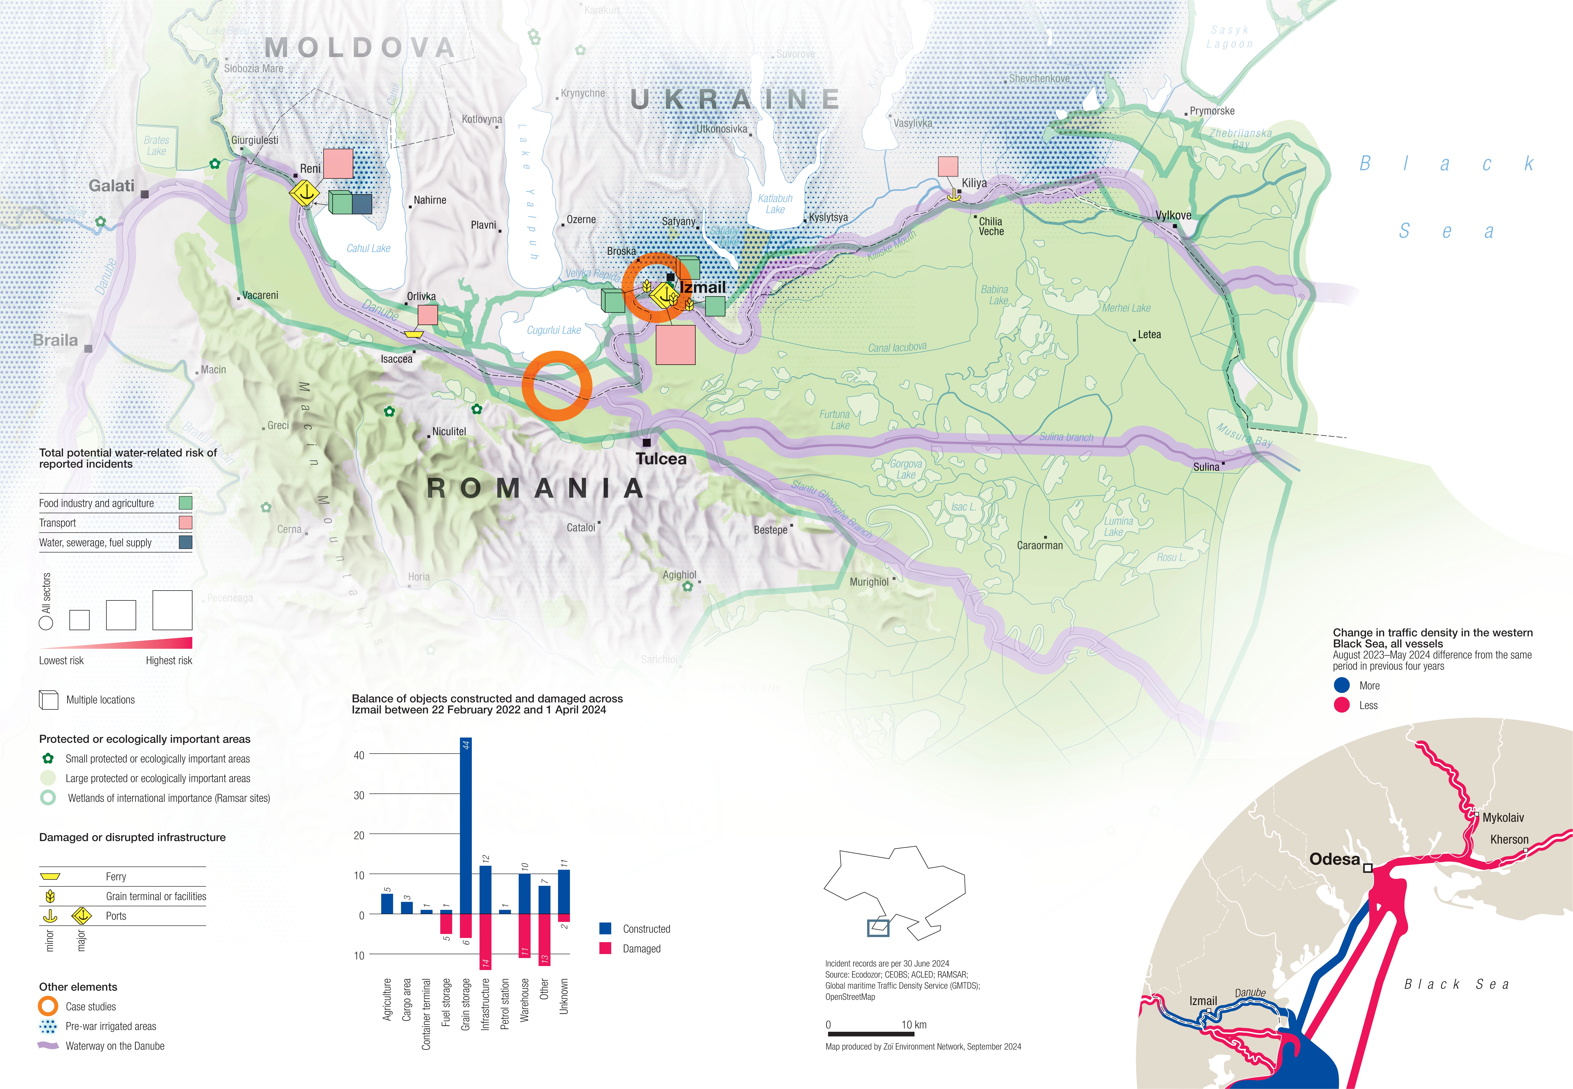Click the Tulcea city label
pos(661,459)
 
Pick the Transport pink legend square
pos(185,523)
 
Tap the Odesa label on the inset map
pos(1334,859)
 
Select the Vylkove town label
pos(1173,216)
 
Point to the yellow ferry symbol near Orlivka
pos(413,334)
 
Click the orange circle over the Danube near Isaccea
pos(557,386)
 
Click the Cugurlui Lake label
pos(553,330)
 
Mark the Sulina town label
pos(1206,467)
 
